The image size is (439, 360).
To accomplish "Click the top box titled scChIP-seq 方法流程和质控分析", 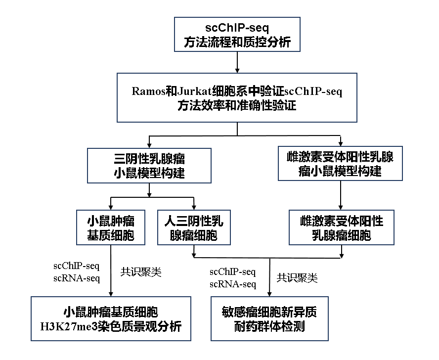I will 238,34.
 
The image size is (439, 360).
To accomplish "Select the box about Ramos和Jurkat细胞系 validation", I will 237,98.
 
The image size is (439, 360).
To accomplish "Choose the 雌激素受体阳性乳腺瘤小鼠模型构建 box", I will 340,164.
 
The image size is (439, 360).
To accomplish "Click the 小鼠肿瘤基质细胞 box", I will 111,227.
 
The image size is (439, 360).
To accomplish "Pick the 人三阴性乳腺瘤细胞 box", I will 194,227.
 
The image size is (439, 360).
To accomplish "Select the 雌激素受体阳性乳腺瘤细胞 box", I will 341,227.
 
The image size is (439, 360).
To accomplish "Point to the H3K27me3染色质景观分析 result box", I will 111,319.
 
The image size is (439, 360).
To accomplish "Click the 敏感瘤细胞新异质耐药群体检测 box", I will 269,319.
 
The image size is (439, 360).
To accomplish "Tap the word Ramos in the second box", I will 148,91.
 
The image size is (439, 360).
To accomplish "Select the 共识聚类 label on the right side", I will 297,278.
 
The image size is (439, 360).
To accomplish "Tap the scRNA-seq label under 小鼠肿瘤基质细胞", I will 77,278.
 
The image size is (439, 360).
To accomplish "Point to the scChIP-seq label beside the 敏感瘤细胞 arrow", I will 232,272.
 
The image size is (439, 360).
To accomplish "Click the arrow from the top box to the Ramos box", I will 238,62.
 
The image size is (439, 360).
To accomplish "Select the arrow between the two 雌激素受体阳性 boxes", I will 340,195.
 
